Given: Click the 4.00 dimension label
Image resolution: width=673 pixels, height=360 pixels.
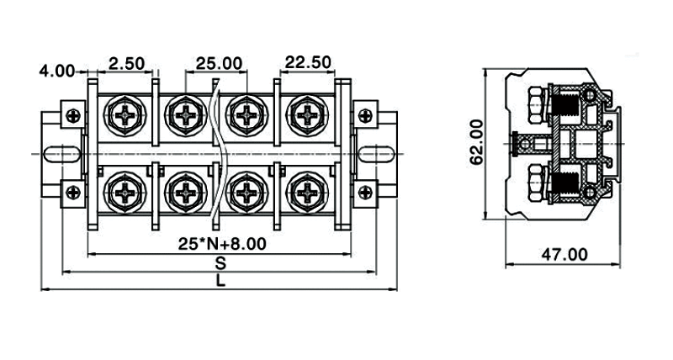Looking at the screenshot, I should [x=57, y=71].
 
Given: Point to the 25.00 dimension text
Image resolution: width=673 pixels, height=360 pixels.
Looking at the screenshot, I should [x=219, y=63].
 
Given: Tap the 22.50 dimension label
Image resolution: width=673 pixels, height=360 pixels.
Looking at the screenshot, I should [x=308, y=63].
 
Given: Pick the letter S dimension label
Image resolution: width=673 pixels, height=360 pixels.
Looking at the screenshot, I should [x=220, y=262].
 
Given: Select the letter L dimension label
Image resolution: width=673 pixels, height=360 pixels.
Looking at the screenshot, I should [x=220, y=282].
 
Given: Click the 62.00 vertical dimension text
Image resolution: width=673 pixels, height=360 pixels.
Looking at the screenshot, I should [x=477, y=142].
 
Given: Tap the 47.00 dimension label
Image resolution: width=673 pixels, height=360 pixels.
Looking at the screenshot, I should [x=563, y=253].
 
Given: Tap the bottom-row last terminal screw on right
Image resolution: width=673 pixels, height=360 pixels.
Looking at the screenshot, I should [x=307, y=193].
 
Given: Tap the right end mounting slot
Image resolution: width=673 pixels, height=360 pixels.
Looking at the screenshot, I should [x=377, y=154].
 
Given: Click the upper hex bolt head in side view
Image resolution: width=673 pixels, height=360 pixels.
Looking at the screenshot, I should [x=534, y=105].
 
